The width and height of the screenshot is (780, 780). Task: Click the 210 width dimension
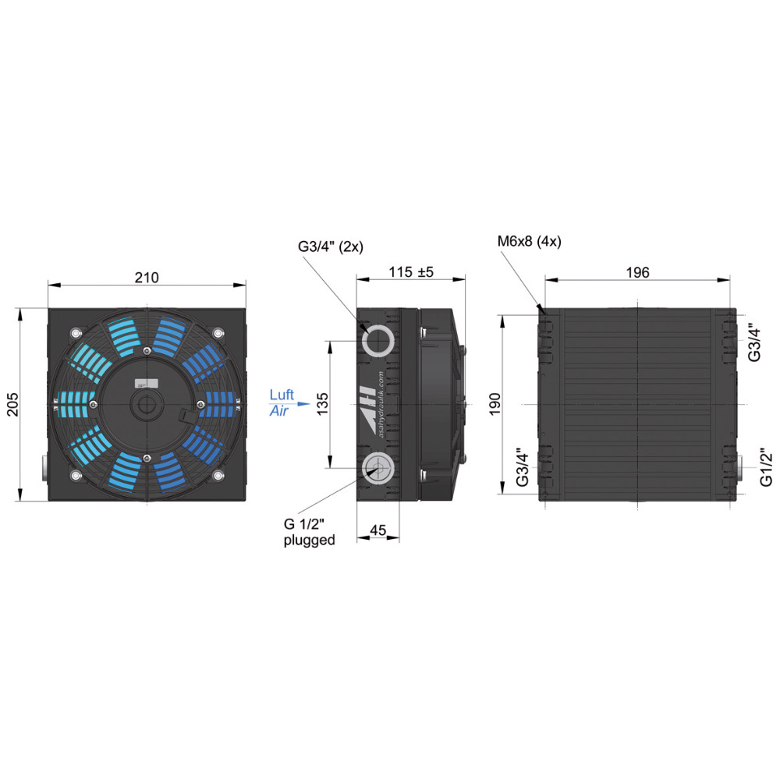[147, 277]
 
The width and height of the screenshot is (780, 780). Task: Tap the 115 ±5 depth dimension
[411, 271]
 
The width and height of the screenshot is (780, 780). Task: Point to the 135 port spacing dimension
[322, 404]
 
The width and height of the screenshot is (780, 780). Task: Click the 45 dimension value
[378, 530]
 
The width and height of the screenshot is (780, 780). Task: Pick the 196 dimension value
[637, 272]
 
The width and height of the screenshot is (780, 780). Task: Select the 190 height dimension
[495, 404]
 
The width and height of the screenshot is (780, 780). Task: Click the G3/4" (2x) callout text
[330, 246]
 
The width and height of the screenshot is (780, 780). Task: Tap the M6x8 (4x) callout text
[530, 242]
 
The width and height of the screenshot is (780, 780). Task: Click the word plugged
[309, 541]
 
